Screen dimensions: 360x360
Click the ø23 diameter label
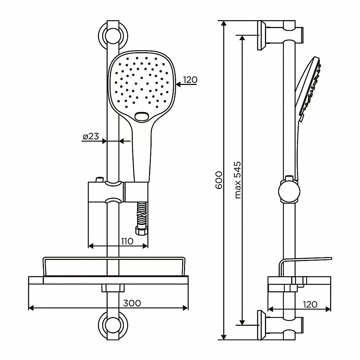click(91, 136)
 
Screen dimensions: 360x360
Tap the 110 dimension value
click(127, 241)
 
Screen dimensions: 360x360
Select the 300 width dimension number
click(132, 303)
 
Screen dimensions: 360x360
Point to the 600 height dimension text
click(219, 180)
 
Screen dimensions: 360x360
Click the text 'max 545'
click(238, 180)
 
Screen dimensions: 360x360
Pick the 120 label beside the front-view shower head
click(190, 80)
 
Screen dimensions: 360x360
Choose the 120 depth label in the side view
click(310, 305)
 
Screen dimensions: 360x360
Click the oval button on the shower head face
click(141, 116)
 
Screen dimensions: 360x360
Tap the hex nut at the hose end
click(141, 231)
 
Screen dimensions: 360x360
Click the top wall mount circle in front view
click(113, 36)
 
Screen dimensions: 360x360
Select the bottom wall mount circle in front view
click(113, 325)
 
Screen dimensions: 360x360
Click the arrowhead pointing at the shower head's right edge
click(179, 85)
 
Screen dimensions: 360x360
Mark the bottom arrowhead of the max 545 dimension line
click(242, 322)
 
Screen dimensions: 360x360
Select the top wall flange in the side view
click(262, 35)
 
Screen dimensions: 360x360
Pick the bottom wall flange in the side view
click(262, 325)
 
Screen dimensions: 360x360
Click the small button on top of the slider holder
click(100, 179)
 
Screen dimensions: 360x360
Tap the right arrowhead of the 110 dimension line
click(145, 246)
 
